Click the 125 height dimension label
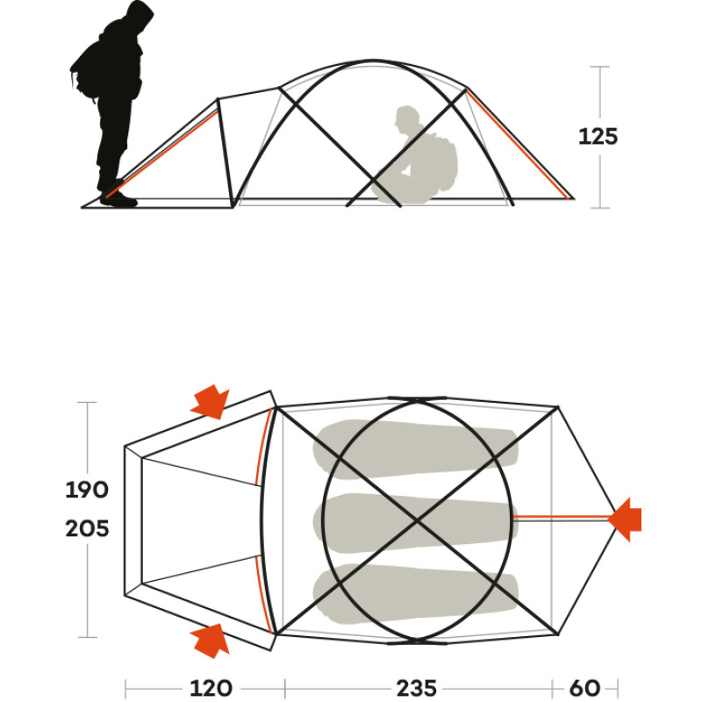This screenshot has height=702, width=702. (598, 137)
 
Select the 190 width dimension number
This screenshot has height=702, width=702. (87, 490)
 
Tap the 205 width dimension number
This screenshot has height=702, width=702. (87, 529)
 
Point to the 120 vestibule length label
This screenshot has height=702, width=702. (211, 688)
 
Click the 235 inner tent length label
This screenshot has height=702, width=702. (416, 688)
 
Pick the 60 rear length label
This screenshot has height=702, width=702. (584, 688)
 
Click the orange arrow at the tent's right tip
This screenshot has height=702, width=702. (625, 519)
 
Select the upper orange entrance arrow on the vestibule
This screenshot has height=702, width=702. (211, 402)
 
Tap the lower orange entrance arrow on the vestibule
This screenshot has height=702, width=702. (211, 641)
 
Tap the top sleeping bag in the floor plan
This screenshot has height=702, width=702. (415, 448)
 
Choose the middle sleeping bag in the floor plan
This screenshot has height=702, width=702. (415, 522)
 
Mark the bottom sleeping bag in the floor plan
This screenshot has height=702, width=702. (415, 594)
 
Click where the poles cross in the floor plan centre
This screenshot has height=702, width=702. (417, 520)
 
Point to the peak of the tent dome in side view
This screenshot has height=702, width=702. (372, 61)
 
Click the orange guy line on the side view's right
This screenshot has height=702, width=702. (518, 144)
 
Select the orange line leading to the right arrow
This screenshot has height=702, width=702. (561, 518)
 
